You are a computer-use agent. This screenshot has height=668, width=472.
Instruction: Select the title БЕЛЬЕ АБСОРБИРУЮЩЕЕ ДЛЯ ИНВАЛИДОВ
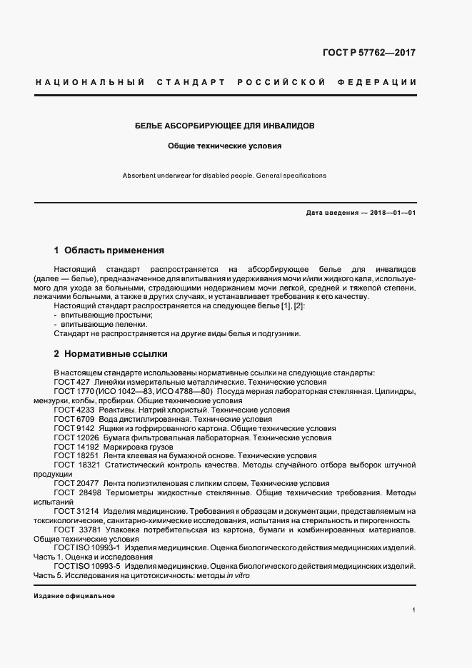[x=225, y=126]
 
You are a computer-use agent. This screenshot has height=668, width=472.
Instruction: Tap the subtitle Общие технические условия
[x=225, y=146]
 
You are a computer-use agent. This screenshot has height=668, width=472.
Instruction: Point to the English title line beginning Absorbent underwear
[x=224, y=175]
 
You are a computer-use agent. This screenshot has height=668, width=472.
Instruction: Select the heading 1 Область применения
[x=109, y=250]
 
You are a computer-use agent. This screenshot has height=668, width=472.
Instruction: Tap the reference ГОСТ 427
[x=71, y=383]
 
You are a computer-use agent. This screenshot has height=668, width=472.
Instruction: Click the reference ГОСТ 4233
[x=74, y=410]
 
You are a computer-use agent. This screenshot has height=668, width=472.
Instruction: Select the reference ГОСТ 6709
[x=74, y=420]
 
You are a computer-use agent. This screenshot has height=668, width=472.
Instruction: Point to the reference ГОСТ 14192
[x=76, y=447]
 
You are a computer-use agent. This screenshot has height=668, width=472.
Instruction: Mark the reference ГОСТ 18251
[x=76, y=455]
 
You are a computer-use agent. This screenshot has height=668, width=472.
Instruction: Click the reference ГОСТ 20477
[x=76, y=483]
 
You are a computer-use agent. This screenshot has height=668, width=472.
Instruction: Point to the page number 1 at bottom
[x=414, y=610]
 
